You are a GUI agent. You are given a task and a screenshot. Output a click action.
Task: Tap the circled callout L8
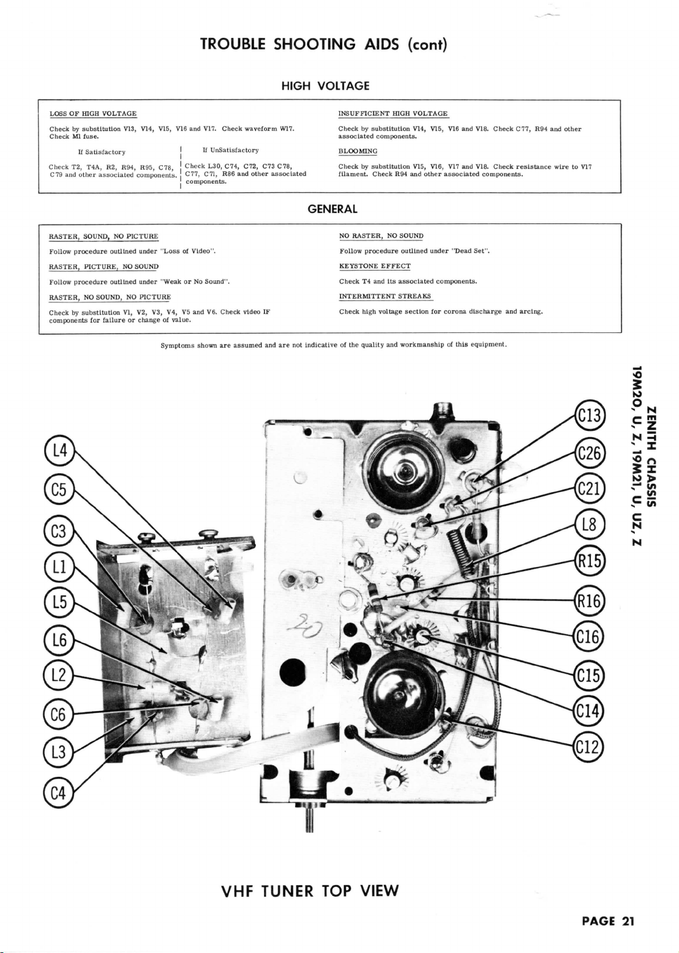pos(590,525)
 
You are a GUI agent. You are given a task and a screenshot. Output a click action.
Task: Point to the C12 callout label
pos(590,748)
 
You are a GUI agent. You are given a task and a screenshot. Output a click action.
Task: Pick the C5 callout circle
pos(59,490)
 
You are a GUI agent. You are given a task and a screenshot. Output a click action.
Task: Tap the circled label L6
pos(59,640)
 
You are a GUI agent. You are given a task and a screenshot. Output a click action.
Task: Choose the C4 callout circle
pos(59,793)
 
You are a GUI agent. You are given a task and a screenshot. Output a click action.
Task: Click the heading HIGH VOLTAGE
pos(325,86)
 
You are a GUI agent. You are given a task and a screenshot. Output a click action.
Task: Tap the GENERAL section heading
pos(332,209)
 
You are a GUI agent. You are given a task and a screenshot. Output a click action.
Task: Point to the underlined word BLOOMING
pos(358,151)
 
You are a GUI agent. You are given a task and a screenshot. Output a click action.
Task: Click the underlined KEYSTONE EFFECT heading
pos(375,266)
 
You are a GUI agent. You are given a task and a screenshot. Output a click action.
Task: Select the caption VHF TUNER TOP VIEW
pos(310,891)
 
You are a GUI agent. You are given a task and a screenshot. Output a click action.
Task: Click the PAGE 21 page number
pos(607,922)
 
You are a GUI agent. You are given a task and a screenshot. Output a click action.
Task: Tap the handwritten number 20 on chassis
pos(310,627)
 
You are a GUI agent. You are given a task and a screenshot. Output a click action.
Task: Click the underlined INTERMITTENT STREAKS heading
pos(385,296)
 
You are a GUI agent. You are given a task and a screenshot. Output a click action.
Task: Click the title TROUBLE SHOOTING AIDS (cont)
pos(324,44)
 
